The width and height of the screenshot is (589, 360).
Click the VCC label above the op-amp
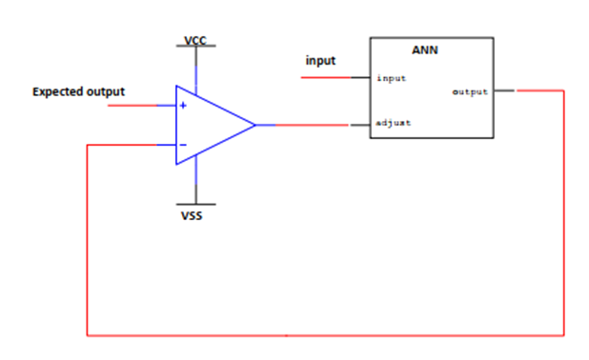(x=195, y=40)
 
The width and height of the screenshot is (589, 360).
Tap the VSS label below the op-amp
(x=192, y=216)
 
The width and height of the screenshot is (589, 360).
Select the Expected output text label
(x=78, y=92)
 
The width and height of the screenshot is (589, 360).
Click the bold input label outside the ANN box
(x=320, y=60)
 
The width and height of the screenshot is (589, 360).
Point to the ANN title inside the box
(x=425, y=50)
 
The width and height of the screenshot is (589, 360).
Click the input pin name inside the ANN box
(x=392, y=78)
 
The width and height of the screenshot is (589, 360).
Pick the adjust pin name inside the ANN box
(x=394, y=123)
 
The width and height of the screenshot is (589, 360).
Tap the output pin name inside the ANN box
(x=470, y=92)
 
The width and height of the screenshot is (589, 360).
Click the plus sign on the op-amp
(x=183, y=106)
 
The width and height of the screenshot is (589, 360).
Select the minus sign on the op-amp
(x=183, y=145)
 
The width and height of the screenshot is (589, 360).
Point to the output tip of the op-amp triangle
(x=255, y=125)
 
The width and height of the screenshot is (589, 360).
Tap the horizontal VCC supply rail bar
(x=195, y=46)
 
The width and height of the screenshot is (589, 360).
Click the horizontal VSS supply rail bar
(x=195, y=205)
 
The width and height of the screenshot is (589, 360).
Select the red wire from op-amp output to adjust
(x=312, y=125)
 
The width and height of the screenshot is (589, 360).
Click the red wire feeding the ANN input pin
(x=326, y=78)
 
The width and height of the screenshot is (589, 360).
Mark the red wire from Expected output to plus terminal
(x=132, y=106)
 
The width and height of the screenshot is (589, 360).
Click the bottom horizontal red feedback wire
(x=325, y=335)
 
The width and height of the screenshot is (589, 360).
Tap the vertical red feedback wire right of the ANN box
(x=564, y=212)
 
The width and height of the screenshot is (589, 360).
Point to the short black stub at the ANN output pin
(x=504, y=90)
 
